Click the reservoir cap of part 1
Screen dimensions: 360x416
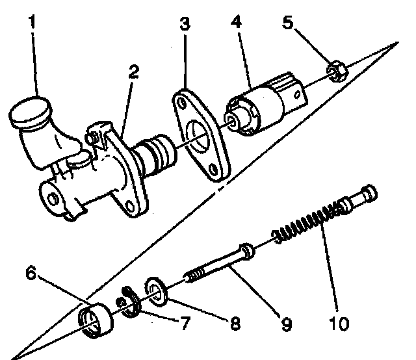pyautogui.click(x=30, y=111)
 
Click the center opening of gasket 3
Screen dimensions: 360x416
pyautogui.click(x=207, y=140)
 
